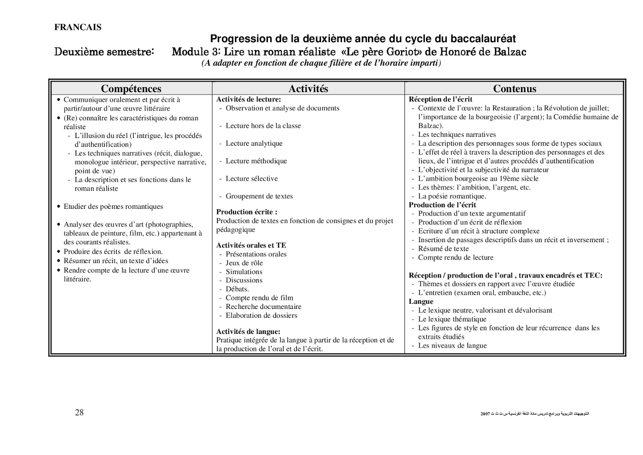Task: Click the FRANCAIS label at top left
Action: [78, 27]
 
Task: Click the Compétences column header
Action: [131, 89]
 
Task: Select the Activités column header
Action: [308, 89]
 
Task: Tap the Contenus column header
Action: [514, 89]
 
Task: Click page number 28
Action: [79, 412]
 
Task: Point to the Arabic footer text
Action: [534, 414]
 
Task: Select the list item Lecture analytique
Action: [254, 143]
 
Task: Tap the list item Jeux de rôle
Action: [244, 263]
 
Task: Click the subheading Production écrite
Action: [246, 212]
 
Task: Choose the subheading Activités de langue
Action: [248, 331]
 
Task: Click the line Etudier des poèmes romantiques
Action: [113, 206]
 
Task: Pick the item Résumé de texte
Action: [443, 249]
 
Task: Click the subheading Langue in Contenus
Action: [421, 301]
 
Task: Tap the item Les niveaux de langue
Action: [452, 346]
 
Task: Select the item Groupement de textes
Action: [259, 196]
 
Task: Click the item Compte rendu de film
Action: [259, 298]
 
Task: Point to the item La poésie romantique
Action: [452, 196]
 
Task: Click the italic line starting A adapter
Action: [321, 64]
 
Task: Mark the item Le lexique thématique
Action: [452, 319]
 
